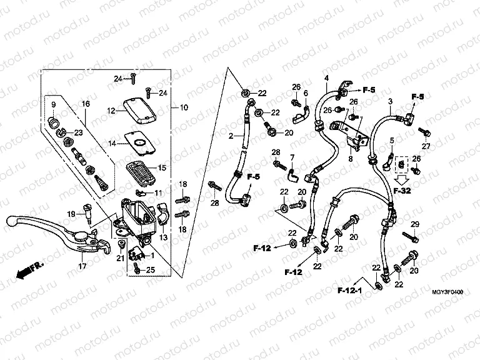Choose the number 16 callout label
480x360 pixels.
tap(86, 103)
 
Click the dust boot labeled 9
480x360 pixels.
tap(54, 119)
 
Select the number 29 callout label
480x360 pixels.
tap(414, 224)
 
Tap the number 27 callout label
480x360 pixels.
tap(426, 146)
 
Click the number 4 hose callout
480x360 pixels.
tap(326, 77)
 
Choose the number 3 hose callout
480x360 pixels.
tap(390, 101)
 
